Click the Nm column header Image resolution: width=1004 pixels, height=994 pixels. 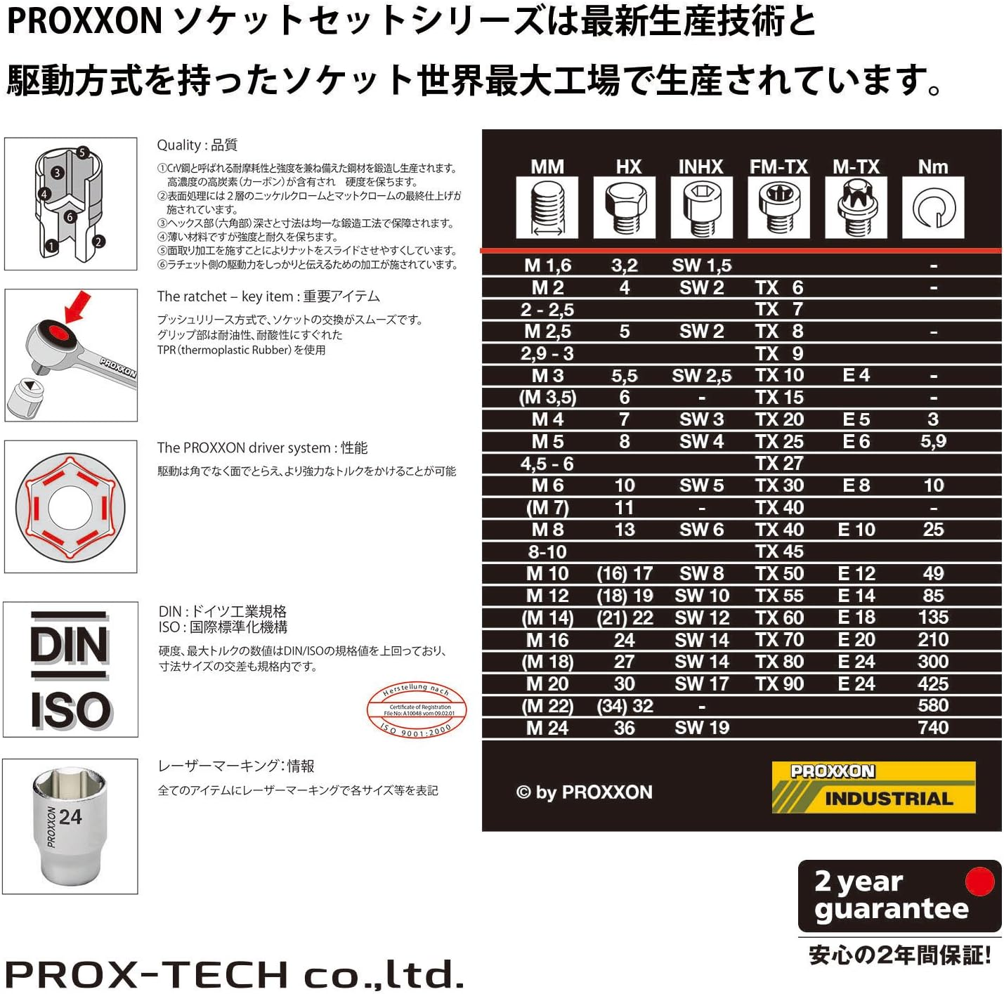coord(932,166)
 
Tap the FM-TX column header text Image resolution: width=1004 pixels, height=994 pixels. coord(778,166)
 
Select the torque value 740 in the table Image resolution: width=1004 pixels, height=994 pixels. coord(932,728)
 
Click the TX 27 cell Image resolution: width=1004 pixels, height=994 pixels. coord(778,464)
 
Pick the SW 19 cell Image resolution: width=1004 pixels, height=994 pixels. coord(701,728)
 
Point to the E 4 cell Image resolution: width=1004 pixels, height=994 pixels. coord(856,375)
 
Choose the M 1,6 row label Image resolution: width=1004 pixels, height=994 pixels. coord(547,266)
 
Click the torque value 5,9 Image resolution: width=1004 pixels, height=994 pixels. coord(932,441)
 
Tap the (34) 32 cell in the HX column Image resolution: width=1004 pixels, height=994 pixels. coord(625,706)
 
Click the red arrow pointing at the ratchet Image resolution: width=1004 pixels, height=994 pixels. coord(78,306)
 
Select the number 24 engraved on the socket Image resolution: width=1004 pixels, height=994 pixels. coord(70,816)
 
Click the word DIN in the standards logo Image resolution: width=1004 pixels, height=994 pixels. coord(70,645)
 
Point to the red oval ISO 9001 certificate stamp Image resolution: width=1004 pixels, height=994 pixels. coord(417,709)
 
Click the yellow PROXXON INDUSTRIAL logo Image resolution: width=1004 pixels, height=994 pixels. coord(873,787)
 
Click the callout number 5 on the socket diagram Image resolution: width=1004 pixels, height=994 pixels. coord(82,152)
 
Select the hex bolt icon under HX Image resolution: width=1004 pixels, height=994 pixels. coord(624,207)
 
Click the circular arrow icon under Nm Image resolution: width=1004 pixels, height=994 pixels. coord(932,208)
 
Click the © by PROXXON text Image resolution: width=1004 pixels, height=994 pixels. coord(585,792)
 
